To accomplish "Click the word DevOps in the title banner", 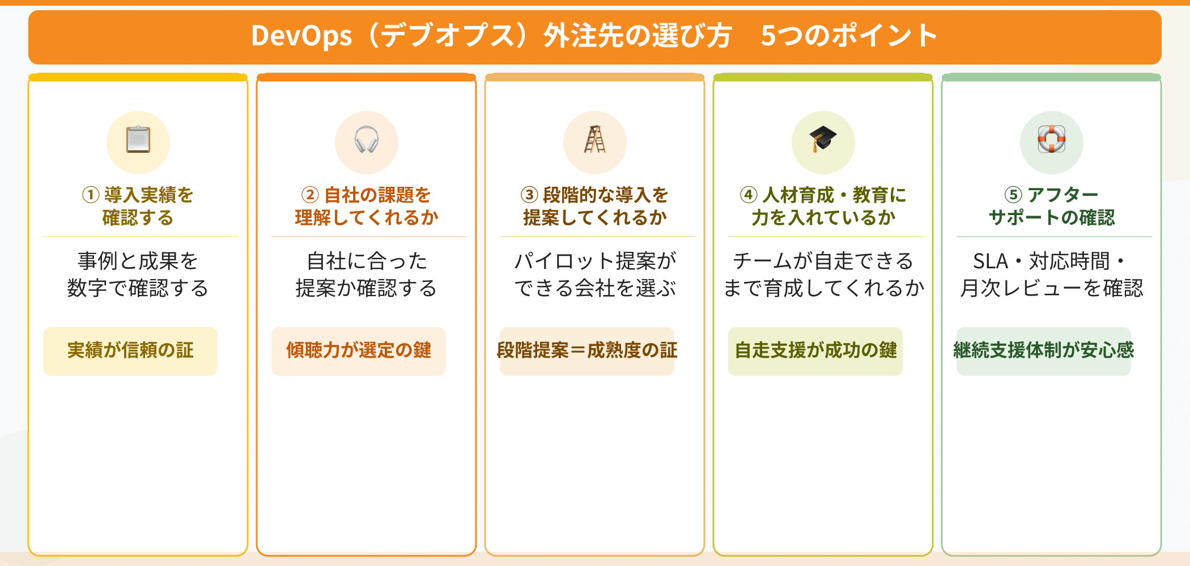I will (x=301, y=36).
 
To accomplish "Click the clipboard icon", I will (x=138, y=140).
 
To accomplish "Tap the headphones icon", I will (x=367, y=140).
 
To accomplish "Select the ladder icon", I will (x=594, y=140).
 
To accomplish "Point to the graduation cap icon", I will (x=823, y=139).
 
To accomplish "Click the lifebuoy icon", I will (x=1051, y=140).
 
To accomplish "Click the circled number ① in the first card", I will (x=91, y=195).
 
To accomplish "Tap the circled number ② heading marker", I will (x=310, y=195).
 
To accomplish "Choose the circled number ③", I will (x=529, y=195).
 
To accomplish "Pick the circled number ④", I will (x=749, y=195).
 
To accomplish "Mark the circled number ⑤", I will (x=1013, y=195).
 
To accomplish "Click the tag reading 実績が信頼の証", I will (x=130, y=351).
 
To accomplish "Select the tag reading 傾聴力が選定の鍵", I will (x=359, y=351).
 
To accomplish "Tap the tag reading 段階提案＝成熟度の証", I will (x=587, y=351).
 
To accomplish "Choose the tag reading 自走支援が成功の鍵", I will (x=815, y=351).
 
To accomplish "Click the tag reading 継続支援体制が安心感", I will (x=1044, y=351).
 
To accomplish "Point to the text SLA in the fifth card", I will (x=991, y=261).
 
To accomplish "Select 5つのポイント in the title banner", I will (x=849, y=36).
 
